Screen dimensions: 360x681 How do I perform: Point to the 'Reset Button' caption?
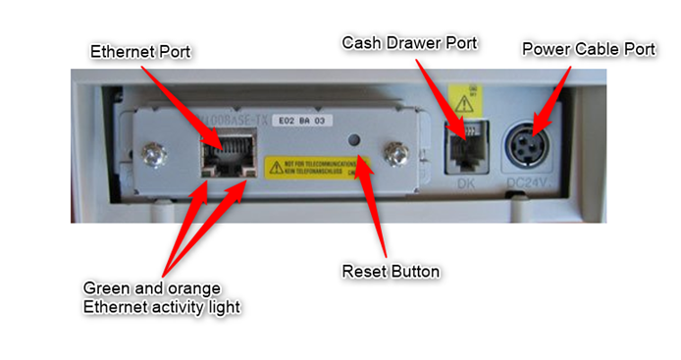[x=390, y=270]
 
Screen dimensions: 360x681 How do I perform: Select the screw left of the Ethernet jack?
[x=151, y=154]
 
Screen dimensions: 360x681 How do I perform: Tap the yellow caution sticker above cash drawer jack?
[x=463, y=99]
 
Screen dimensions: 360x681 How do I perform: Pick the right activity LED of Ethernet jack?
[x=245, y=172]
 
